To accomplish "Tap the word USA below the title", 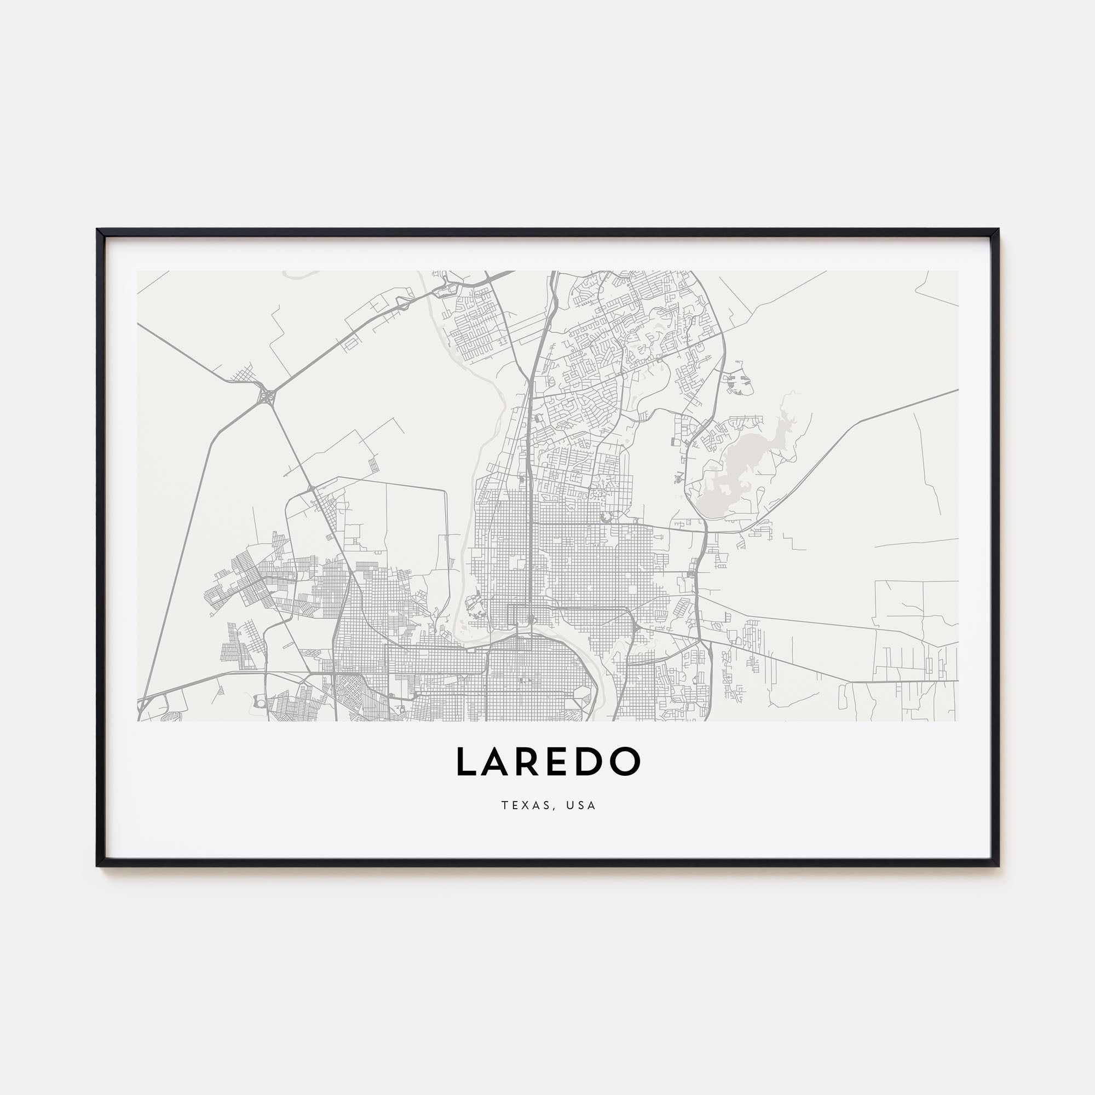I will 581,805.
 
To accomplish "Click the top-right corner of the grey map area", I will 958,272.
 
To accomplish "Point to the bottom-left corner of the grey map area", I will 138,721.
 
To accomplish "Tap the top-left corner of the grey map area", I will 138,272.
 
